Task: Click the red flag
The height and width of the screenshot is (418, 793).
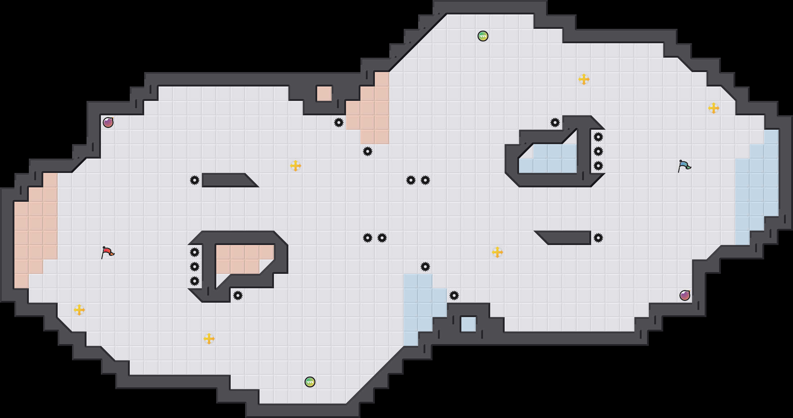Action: pos(107,252)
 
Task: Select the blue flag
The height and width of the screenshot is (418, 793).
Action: pos(684,166)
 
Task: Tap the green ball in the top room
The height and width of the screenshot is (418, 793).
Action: pos(483,36)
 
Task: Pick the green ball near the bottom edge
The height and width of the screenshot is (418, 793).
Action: pos(310,382)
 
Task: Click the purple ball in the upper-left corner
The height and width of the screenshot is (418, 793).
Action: pos(108,123)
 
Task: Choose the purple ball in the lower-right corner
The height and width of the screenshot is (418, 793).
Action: pos(685,295)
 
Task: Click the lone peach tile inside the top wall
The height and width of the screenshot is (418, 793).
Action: pos(324,94)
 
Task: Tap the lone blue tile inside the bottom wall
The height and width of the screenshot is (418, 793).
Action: pos(468,324)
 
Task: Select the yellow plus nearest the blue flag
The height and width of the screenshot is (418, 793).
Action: pos(714,108)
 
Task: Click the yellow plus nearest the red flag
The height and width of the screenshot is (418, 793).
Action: pos(79,310)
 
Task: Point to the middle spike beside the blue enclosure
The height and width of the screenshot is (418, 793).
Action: pos(598,151)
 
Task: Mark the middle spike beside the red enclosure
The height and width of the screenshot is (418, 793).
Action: pos(195,267)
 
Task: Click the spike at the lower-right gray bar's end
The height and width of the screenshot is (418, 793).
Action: pos(598,238)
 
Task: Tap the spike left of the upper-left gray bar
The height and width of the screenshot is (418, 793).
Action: pos(195,180)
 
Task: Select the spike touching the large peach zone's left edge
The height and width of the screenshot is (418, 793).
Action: pos(339,123)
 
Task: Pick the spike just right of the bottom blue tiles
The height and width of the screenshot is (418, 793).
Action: pos(454,295)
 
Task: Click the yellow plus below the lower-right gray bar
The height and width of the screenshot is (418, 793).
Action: pos(497,252)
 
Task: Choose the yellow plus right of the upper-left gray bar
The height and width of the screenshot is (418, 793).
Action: pos(296,166)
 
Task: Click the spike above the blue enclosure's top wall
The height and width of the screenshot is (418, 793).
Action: pos(555,123)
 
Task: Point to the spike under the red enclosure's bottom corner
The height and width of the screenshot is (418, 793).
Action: pos(238,295)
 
